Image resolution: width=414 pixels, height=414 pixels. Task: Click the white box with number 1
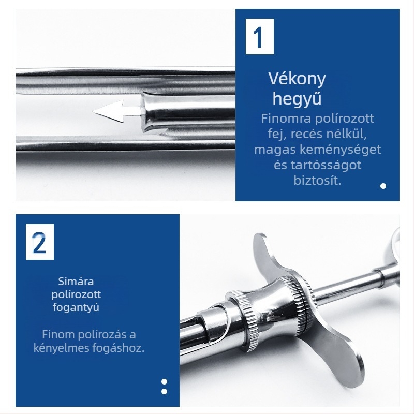click(x=260, y=36)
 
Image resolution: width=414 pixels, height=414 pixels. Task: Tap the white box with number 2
click(x=40, y=242)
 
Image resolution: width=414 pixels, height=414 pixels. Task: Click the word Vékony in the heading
click(x=297, y=79)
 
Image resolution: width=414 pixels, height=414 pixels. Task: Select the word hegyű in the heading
click(x=297, y=99)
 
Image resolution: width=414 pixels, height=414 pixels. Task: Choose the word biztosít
click(x=318, y=181)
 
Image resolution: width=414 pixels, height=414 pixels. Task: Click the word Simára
click(x=76, y=282)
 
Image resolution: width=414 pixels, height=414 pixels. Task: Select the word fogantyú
click(x=76, y=307)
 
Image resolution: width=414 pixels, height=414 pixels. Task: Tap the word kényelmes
click(x=62, y=348)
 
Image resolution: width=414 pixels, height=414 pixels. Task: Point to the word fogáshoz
click(x=119, y=348)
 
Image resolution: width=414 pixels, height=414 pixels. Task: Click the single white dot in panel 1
click(x=383, y=186)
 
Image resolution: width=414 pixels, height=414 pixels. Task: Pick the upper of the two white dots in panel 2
click(x=164, y=382)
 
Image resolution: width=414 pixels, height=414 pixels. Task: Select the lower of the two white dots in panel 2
click(x=164, y=391)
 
